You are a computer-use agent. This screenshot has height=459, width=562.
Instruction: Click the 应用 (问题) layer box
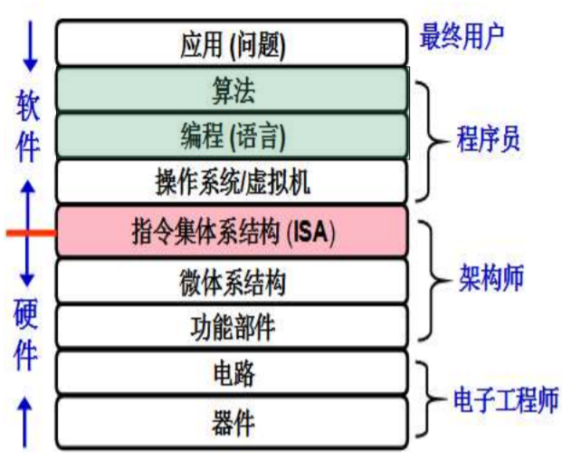231,42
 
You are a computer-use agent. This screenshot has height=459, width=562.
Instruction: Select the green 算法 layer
231,89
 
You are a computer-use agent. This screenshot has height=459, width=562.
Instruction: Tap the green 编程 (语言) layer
231,136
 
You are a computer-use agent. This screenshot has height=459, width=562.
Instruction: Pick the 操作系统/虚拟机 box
231,183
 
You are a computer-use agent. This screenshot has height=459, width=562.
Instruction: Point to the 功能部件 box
231,327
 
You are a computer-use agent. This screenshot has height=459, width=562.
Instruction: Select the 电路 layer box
231,373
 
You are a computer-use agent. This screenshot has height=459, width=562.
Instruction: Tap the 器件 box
231,422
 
